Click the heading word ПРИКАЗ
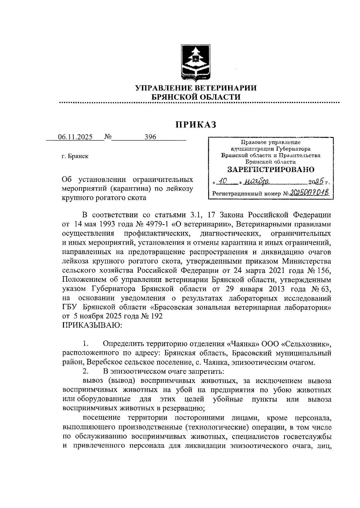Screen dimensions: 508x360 pyautogui.click(x=196, y=125)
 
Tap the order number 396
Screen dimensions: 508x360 pyautogui.click(x=150, y=137)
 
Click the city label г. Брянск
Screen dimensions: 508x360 pyautogui.click(x=75, y=156)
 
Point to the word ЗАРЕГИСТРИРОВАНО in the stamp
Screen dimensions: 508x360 pyautogui.click(x=271, y=170)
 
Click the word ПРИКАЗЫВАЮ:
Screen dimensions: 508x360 pyautogui.click(x=92, y=325)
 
